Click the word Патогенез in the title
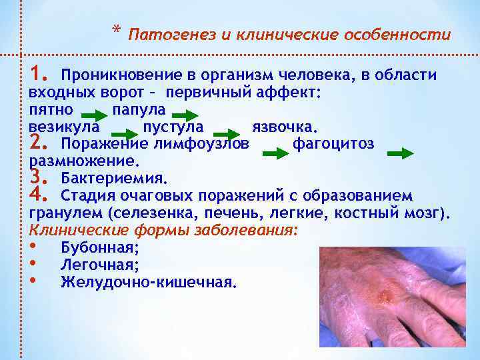point(160,35)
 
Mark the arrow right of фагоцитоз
point(400,154)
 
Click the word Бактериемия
point(113,178)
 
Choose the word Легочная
point(99,265)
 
